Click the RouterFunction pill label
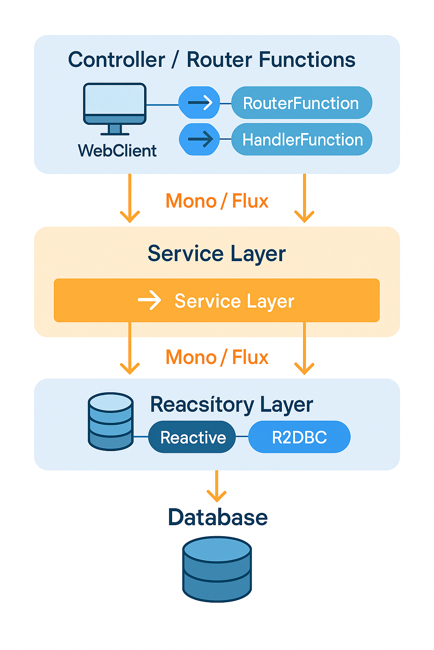pyautogui.click(x=301, y=103)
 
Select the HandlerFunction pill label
pyautogui.click(x=302, y=139)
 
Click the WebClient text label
pyautogui.click(x=117, y=151)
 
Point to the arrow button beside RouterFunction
pyautogui.click(x=199, y=102)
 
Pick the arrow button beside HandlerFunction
pyautogui.click(x=200, y=139)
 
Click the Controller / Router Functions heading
pyautogui.click(x=211, y=60)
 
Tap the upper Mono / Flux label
pyautogui.click(x=217, y=201)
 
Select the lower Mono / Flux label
pyautogui.click(x=217, y=357)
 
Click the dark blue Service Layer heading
pyautogui.click(x=217, y=253)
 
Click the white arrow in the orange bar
pyautogui.click(x=150, y=300)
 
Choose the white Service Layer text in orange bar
pyautogui.click(x=234, y=301)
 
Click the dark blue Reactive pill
pyautogui.click(x=192, y=437)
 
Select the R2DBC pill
pyautogui.click(x=299, y=437)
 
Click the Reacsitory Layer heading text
pyautogui.click(x=231, y=405)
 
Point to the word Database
pyautogui.click(x=217, y=517)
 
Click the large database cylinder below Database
pyautogui.click(x=217, y=569)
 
